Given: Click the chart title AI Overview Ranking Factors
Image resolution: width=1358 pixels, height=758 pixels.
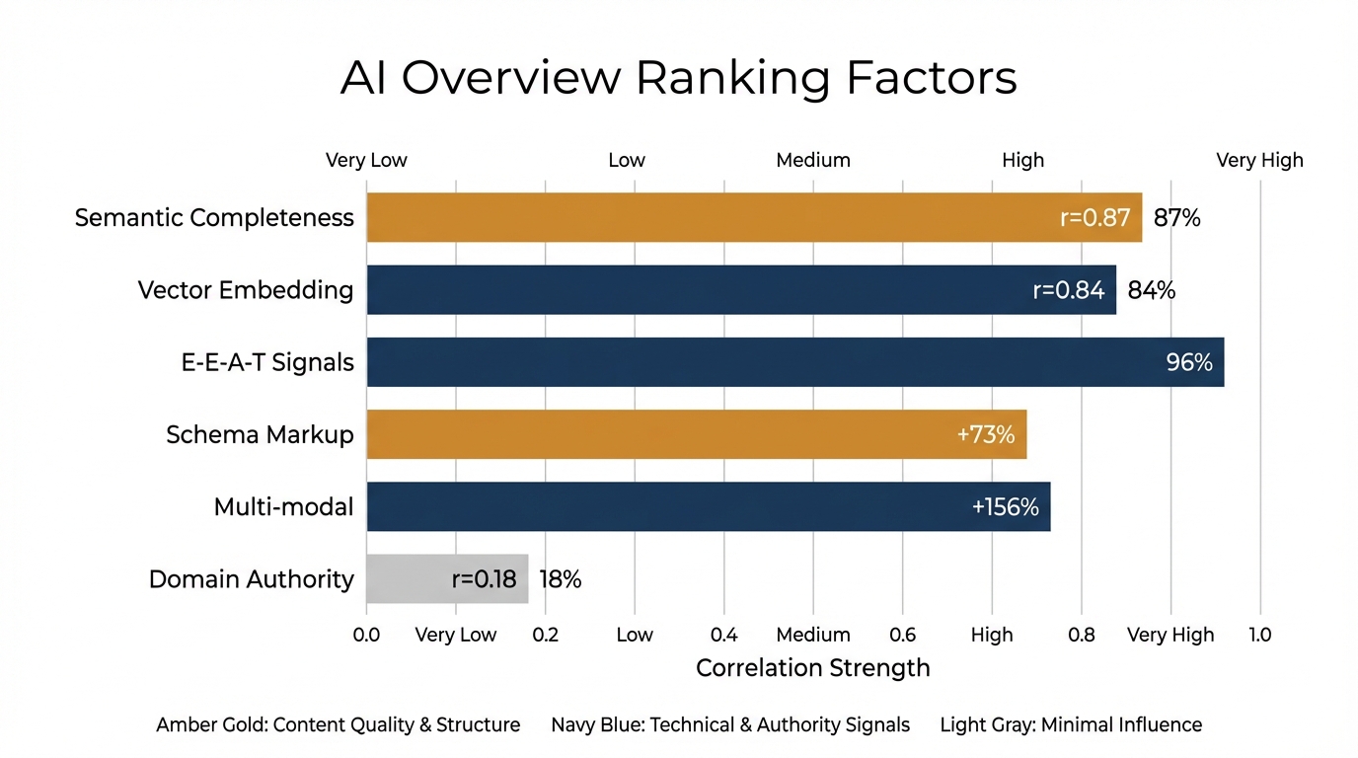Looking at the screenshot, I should click(x=678, y=78).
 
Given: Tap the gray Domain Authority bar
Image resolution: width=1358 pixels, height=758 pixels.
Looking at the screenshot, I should click(x=447, y=579).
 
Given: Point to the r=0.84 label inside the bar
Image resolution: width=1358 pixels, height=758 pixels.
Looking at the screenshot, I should click(x=1069, y=290).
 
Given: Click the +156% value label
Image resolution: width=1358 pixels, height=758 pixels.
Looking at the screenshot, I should click(x=1005, y=507).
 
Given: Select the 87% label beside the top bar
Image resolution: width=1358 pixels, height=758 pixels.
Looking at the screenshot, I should click(x=1176, y=218).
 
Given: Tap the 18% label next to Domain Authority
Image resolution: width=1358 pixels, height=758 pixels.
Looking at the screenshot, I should click(x=561, y=580).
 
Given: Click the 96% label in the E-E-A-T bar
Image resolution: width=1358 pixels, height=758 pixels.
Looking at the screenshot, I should click(x=1189, y=362).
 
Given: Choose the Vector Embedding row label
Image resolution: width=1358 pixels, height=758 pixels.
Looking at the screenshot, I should click(x=245, y=290).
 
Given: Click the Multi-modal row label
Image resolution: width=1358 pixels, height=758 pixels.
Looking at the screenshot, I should click(x=283, y=507).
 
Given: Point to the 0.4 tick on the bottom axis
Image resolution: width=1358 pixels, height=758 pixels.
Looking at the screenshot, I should click(x=723, y=635).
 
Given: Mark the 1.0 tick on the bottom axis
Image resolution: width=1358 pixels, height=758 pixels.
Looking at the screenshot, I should click(x=1259, y=635).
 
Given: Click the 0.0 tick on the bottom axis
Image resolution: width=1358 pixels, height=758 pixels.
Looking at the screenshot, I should click(x=366, y=635).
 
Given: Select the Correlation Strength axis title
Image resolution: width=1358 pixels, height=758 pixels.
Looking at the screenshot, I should click(x=812, y=668).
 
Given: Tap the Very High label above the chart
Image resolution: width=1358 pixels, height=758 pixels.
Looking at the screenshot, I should click(x=1259, y=160).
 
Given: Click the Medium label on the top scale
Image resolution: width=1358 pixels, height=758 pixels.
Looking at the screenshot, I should click(x=812, y=160).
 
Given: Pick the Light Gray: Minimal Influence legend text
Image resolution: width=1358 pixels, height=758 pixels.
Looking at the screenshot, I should click(x=1071, y=725).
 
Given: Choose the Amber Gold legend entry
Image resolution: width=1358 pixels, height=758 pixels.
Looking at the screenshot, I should click(x=338, y=725).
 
